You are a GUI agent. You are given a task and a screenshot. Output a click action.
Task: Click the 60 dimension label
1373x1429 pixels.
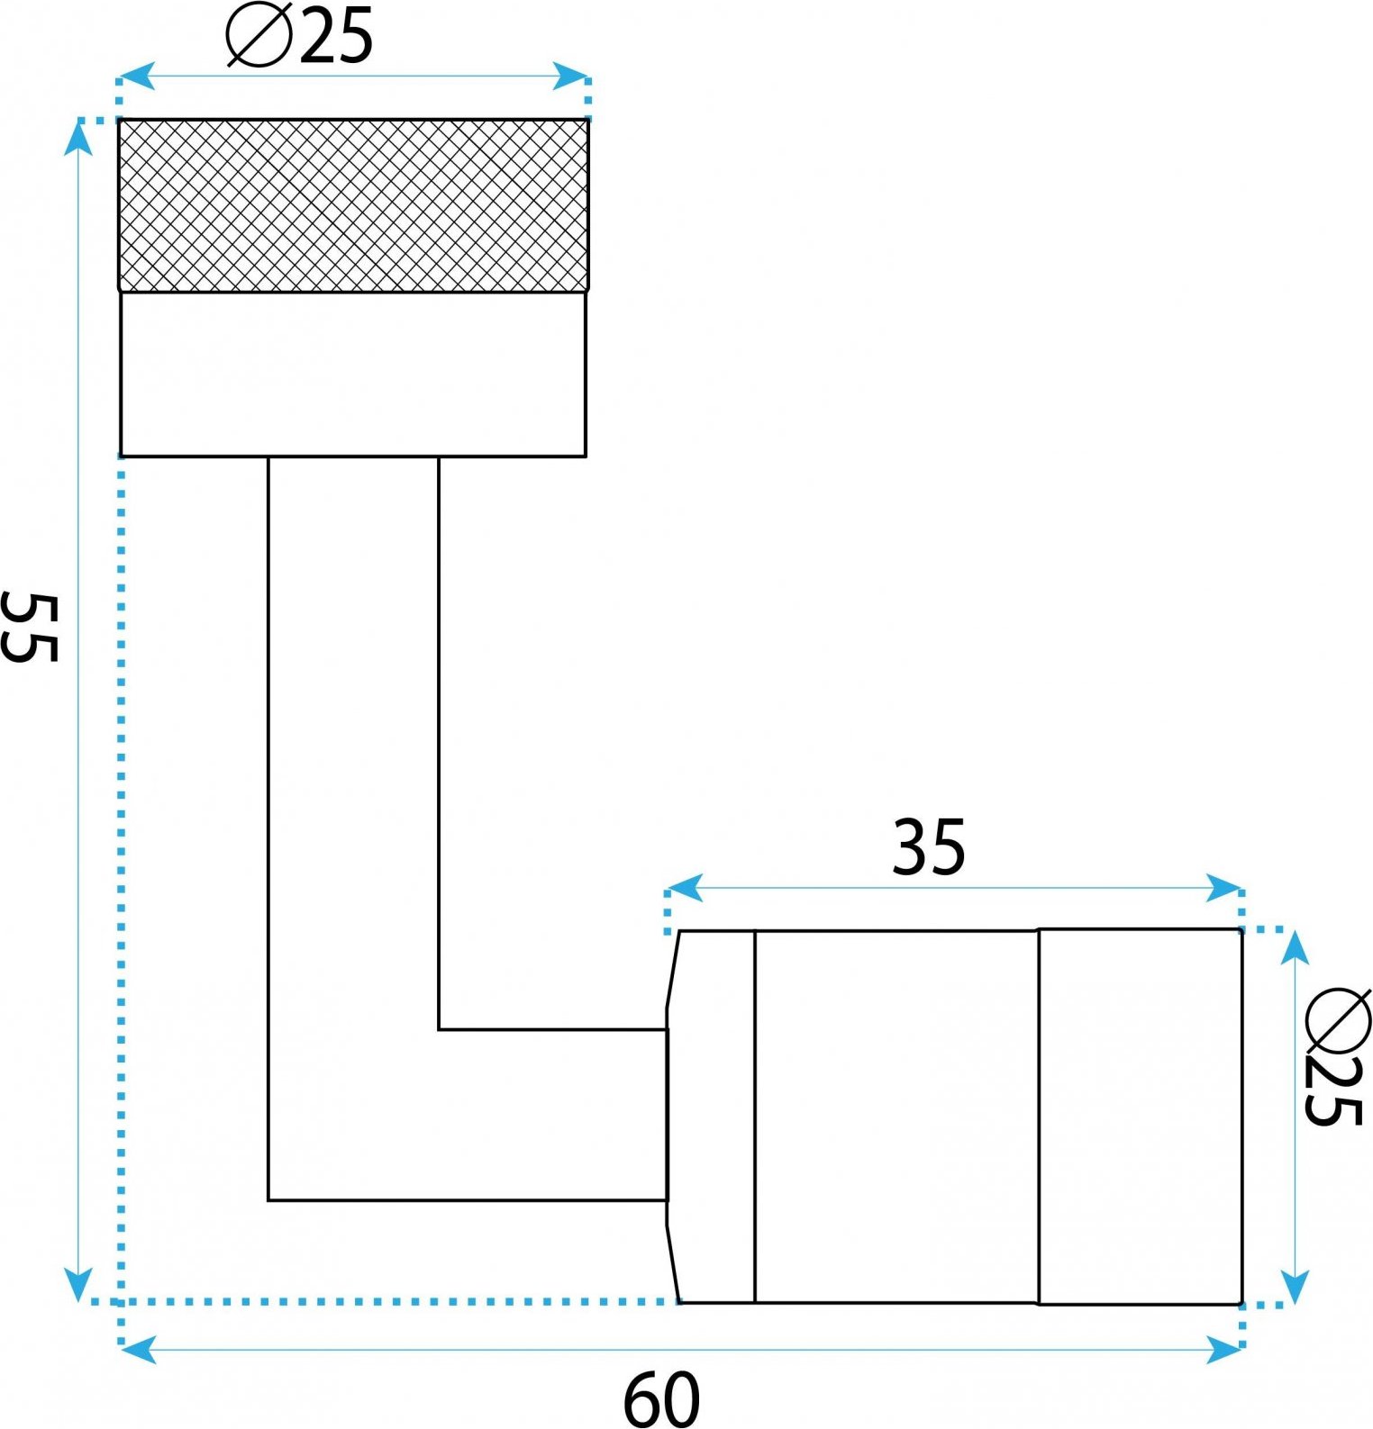[x=661, y=1399]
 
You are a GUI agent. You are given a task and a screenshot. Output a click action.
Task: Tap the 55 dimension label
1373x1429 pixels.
[x=30, y=628]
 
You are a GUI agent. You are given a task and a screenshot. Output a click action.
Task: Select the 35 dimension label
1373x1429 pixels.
[x=928, y=847]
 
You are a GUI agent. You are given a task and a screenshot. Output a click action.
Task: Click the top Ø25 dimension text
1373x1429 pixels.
[x=300, y=38]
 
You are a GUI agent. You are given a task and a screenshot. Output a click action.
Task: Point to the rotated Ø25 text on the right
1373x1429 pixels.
[x=1338, y=1057]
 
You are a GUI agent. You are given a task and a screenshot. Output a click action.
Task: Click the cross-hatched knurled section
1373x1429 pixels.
[x=353, y=205]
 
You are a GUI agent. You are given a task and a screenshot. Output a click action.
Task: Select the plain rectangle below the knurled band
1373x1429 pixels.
[x=353, y=375]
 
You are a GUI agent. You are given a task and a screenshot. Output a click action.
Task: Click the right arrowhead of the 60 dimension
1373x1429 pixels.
[x=1224, y=1350]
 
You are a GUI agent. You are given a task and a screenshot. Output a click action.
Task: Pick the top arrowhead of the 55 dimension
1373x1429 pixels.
[x=79, y=138]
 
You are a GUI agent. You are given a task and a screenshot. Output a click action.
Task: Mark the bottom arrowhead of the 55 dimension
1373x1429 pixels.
[x=79, y=1284]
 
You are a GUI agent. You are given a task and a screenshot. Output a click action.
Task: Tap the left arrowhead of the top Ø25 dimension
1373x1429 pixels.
[x=136, y=77]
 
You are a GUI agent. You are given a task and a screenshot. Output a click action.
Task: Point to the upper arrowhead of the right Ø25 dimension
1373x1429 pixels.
[x=1295, y=948]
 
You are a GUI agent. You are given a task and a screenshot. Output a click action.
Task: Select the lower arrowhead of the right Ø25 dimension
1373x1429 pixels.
[x=1295, y=1285]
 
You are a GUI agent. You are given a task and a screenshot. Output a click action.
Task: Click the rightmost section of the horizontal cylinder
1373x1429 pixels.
[x=1141, y=1116]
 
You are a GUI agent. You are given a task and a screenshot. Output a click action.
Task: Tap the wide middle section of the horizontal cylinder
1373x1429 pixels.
[x=896, y=1117]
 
